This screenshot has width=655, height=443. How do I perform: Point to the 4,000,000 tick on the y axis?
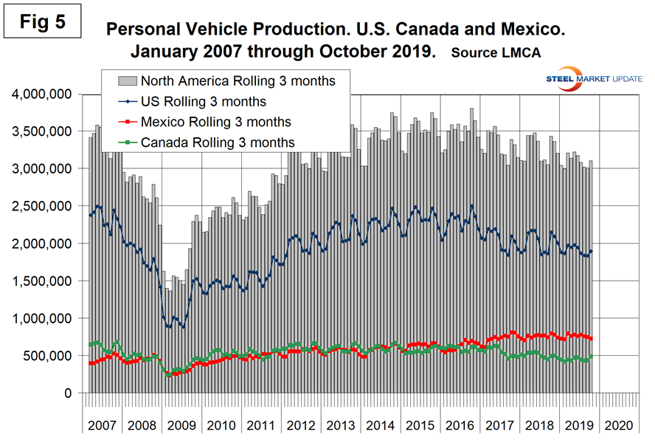click(x=40, y=94)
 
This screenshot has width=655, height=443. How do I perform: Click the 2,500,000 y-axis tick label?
click(x=40, y=206)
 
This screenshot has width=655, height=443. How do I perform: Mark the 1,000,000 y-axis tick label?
click(x=40, y=318)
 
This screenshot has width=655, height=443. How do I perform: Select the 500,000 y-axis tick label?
click(x=46, y=356)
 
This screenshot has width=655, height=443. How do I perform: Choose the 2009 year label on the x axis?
click(x=181, y=426)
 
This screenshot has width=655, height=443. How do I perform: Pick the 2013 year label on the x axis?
click(x=339, y=426)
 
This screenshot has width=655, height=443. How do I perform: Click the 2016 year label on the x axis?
click(x=460, y=426)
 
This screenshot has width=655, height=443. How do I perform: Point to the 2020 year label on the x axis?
click(x=618, y=426)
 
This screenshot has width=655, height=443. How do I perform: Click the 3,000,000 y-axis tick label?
click(x=40, y=168)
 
